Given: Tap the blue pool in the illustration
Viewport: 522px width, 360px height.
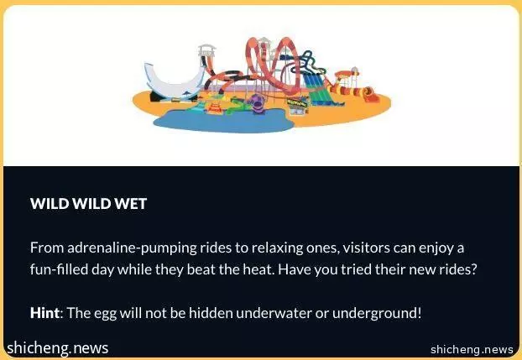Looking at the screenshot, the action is [223, 121].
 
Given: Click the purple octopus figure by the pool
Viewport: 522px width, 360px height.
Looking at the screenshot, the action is [256, 103].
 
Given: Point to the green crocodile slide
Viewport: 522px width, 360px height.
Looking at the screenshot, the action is [238, 107].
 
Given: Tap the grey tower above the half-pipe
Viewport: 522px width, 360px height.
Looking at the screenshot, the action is [206, 50].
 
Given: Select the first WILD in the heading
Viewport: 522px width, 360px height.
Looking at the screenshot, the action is [50, 203].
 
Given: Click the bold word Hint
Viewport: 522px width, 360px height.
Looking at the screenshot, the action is [45, 313].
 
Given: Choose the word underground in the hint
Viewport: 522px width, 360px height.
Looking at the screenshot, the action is [377, 313].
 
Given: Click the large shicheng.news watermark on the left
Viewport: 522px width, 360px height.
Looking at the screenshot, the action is [58, 348].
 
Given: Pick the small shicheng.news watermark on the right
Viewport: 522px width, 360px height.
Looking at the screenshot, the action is [472, 350].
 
